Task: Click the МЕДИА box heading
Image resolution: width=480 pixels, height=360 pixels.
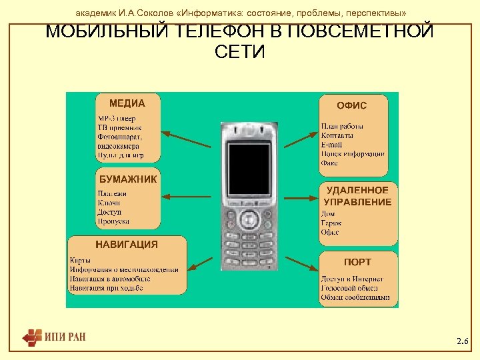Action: point(127,103)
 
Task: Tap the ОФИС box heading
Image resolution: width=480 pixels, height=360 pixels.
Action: point(352,105)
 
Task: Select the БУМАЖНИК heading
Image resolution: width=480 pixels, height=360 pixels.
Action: point(128,179)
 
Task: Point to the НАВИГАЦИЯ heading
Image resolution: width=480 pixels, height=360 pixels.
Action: point(127,244)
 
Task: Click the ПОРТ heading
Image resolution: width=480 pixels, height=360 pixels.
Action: point(357,262)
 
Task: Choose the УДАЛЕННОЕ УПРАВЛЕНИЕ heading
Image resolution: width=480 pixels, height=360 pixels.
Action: point(357,196)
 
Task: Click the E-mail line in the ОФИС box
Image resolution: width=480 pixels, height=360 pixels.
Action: point(331,144)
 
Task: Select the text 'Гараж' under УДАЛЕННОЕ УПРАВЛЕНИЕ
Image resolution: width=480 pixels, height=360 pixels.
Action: point(331,223)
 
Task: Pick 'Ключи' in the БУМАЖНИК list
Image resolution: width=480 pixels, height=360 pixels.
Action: point(109,203)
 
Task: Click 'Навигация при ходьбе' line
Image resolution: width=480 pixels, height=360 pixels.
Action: point(106,288)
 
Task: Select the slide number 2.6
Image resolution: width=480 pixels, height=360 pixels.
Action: point(463,341)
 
